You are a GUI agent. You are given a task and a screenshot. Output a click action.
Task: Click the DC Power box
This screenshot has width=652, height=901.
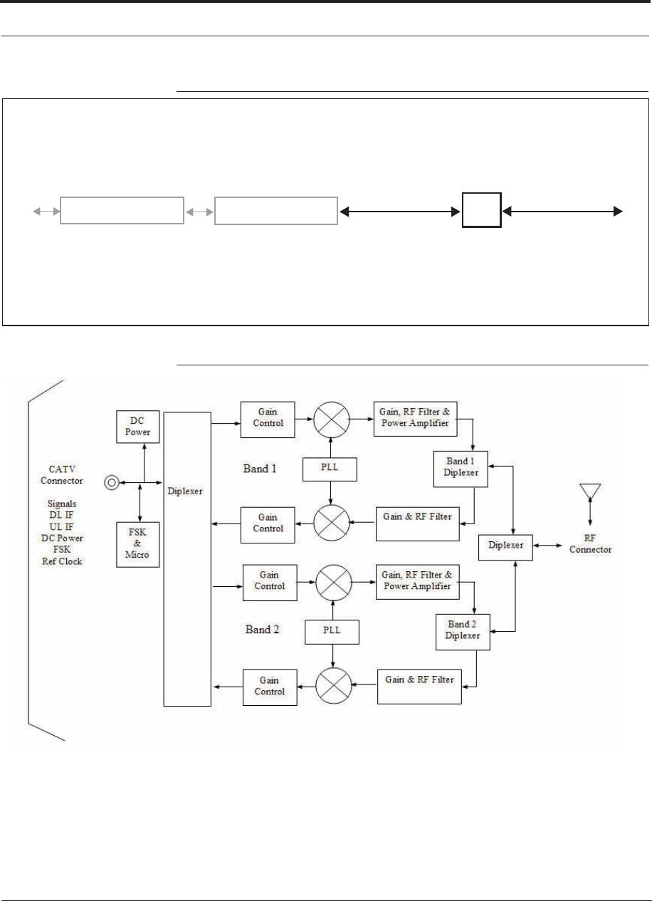[138, 427]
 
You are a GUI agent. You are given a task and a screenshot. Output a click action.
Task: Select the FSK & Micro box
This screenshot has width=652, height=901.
[138, 545]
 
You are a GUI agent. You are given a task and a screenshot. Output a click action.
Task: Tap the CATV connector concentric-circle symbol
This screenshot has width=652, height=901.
[112, 483]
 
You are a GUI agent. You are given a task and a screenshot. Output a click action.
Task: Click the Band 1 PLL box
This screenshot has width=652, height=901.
[330, 469]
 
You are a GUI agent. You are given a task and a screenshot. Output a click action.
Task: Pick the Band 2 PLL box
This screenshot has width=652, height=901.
[332, 632]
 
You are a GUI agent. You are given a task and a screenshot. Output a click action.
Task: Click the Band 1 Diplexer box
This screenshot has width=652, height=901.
[461, 469]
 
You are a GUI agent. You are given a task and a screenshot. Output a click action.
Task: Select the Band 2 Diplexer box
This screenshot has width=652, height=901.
[463, 632]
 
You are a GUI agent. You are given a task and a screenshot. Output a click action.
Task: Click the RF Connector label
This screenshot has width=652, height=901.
[590, 544]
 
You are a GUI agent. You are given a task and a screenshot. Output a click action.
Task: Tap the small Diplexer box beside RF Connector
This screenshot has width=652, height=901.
[505, 548]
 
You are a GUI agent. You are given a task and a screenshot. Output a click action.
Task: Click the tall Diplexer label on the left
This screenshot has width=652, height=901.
[185, 491]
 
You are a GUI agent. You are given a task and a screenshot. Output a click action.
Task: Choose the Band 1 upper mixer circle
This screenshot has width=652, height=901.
[331, 420]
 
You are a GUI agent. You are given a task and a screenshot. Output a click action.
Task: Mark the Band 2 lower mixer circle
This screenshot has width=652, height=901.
[334, 686]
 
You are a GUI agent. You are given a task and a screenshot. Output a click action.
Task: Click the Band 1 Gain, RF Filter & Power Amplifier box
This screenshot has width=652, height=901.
[415, 419]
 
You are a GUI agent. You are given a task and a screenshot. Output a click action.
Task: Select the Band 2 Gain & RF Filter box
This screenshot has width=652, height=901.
[419, 687]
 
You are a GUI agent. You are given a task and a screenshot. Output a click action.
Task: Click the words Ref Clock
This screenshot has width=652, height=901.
[62, 561]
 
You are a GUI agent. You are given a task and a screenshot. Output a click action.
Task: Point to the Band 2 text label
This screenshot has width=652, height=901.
[262, 630]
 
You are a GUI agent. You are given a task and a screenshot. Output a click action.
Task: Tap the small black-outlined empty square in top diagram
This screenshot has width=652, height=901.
[482, 210]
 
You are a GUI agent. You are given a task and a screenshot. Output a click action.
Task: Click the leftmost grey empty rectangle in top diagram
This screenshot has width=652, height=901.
[122, 210]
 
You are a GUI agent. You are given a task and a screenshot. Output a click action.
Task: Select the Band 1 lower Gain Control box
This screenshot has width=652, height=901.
[268, 526]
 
